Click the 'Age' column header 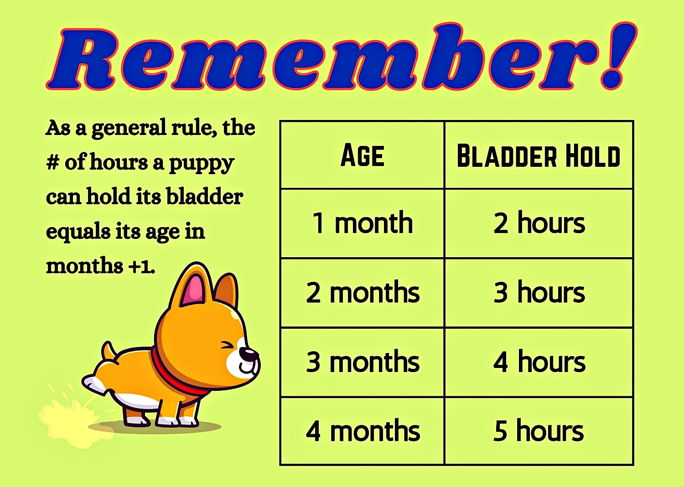363,155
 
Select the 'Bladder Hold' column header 539,156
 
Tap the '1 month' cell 363,223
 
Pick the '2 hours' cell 539,223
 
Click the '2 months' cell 363,292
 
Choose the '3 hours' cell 539,292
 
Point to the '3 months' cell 363,362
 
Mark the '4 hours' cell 539,362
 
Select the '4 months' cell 363,431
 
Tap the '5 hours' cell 539,431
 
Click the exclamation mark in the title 618,57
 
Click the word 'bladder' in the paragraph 204,197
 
